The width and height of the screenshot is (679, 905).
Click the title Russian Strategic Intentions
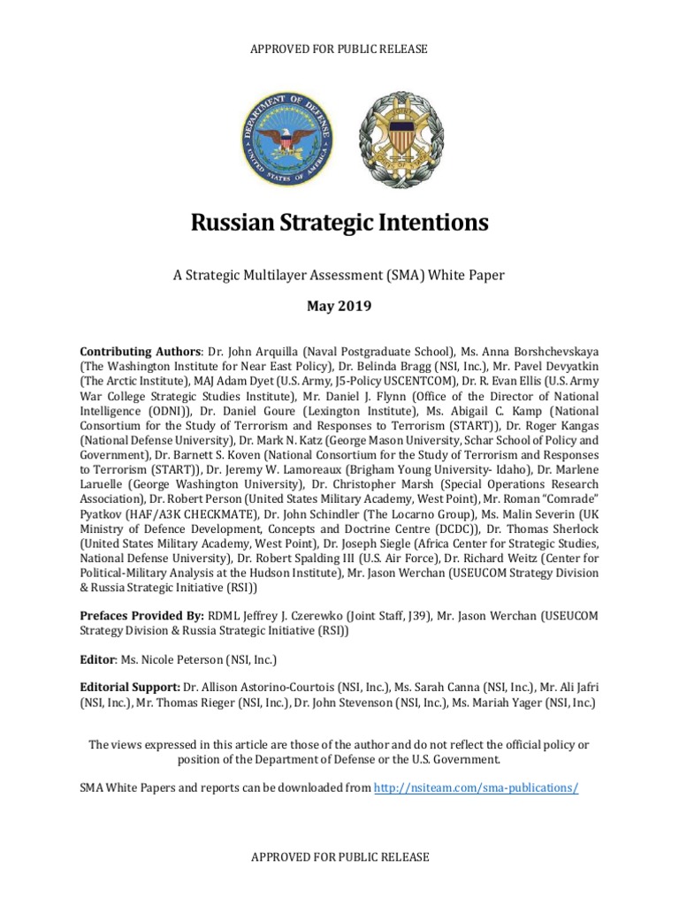[339, 223]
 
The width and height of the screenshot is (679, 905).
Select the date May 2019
[339, 307]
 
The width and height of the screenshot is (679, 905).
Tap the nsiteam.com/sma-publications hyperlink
[477, 787]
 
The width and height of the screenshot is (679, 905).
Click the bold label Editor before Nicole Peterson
[98, 659]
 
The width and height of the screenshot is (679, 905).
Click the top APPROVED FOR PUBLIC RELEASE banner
[339, 49]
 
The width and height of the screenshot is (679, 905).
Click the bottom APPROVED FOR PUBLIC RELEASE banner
[339, 856]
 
